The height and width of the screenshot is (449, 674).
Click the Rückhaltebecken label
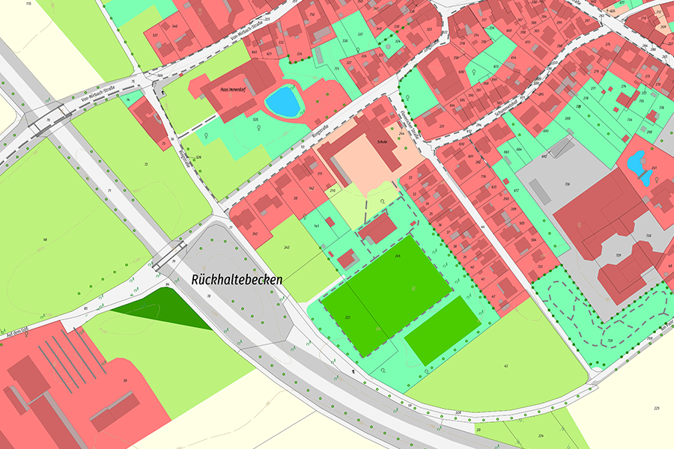[x=237, y=279]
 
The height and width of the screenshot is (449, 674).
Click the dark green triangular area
[x=168, y=309]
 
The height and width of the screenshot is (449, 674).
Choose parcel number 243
[x=286, y=247]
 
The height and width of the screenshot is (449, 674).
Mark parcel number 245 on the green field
[x=398, y=257]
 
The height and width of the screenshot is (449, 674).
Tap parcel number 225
[x=657, y=408]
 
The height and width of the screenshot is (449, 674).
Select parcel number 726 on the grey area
[x=568, y=184]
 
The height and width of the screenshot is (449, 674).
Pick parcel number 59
[x=125, y=381]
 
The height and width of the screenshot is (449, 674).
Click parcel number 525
[x=255, y=120]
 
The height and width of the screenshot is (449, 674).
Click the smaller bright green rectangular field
[x=442, y=331]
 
